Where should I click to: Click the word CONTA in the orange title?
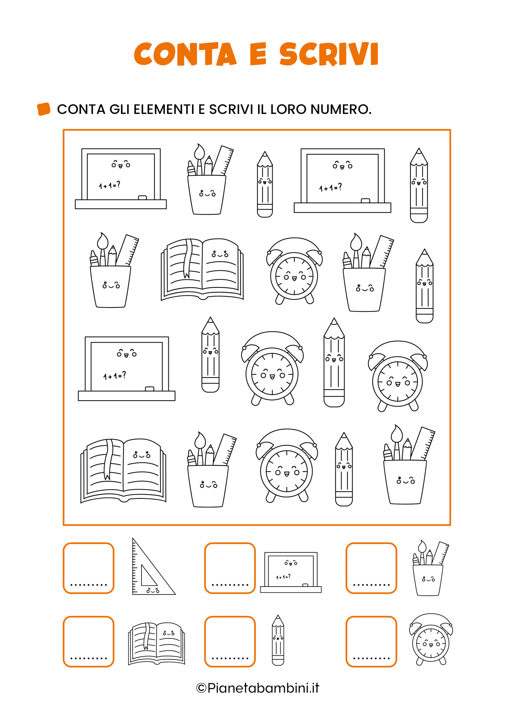tap(185, 54)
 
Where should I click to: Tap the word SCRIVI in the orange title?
tap(329, 54)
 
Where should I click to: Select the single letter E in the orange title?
tap(258, 54)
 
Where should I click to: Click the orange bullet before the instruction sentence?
tap(43, 109)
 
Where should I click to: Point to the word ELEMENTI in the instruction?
tap(164, 109)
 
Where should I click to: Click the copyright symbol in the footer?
tap(201, 688)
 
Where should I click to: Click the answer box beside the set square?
tap(88, 568)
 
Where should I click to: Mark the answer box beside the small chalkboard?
tap(230, 568)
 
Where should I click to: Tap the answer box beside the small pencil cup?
tap(371, 568)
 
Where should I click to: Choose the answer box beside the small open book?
tap(88, 642)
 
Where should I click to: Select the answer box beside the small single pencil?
tap(230, 642)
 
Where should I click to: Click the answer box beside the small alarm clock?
tap(371, 642)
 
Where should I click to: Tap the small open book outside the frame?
tap(156, 644)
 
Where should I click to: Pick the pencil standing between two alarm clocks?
tap(334, 362)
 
